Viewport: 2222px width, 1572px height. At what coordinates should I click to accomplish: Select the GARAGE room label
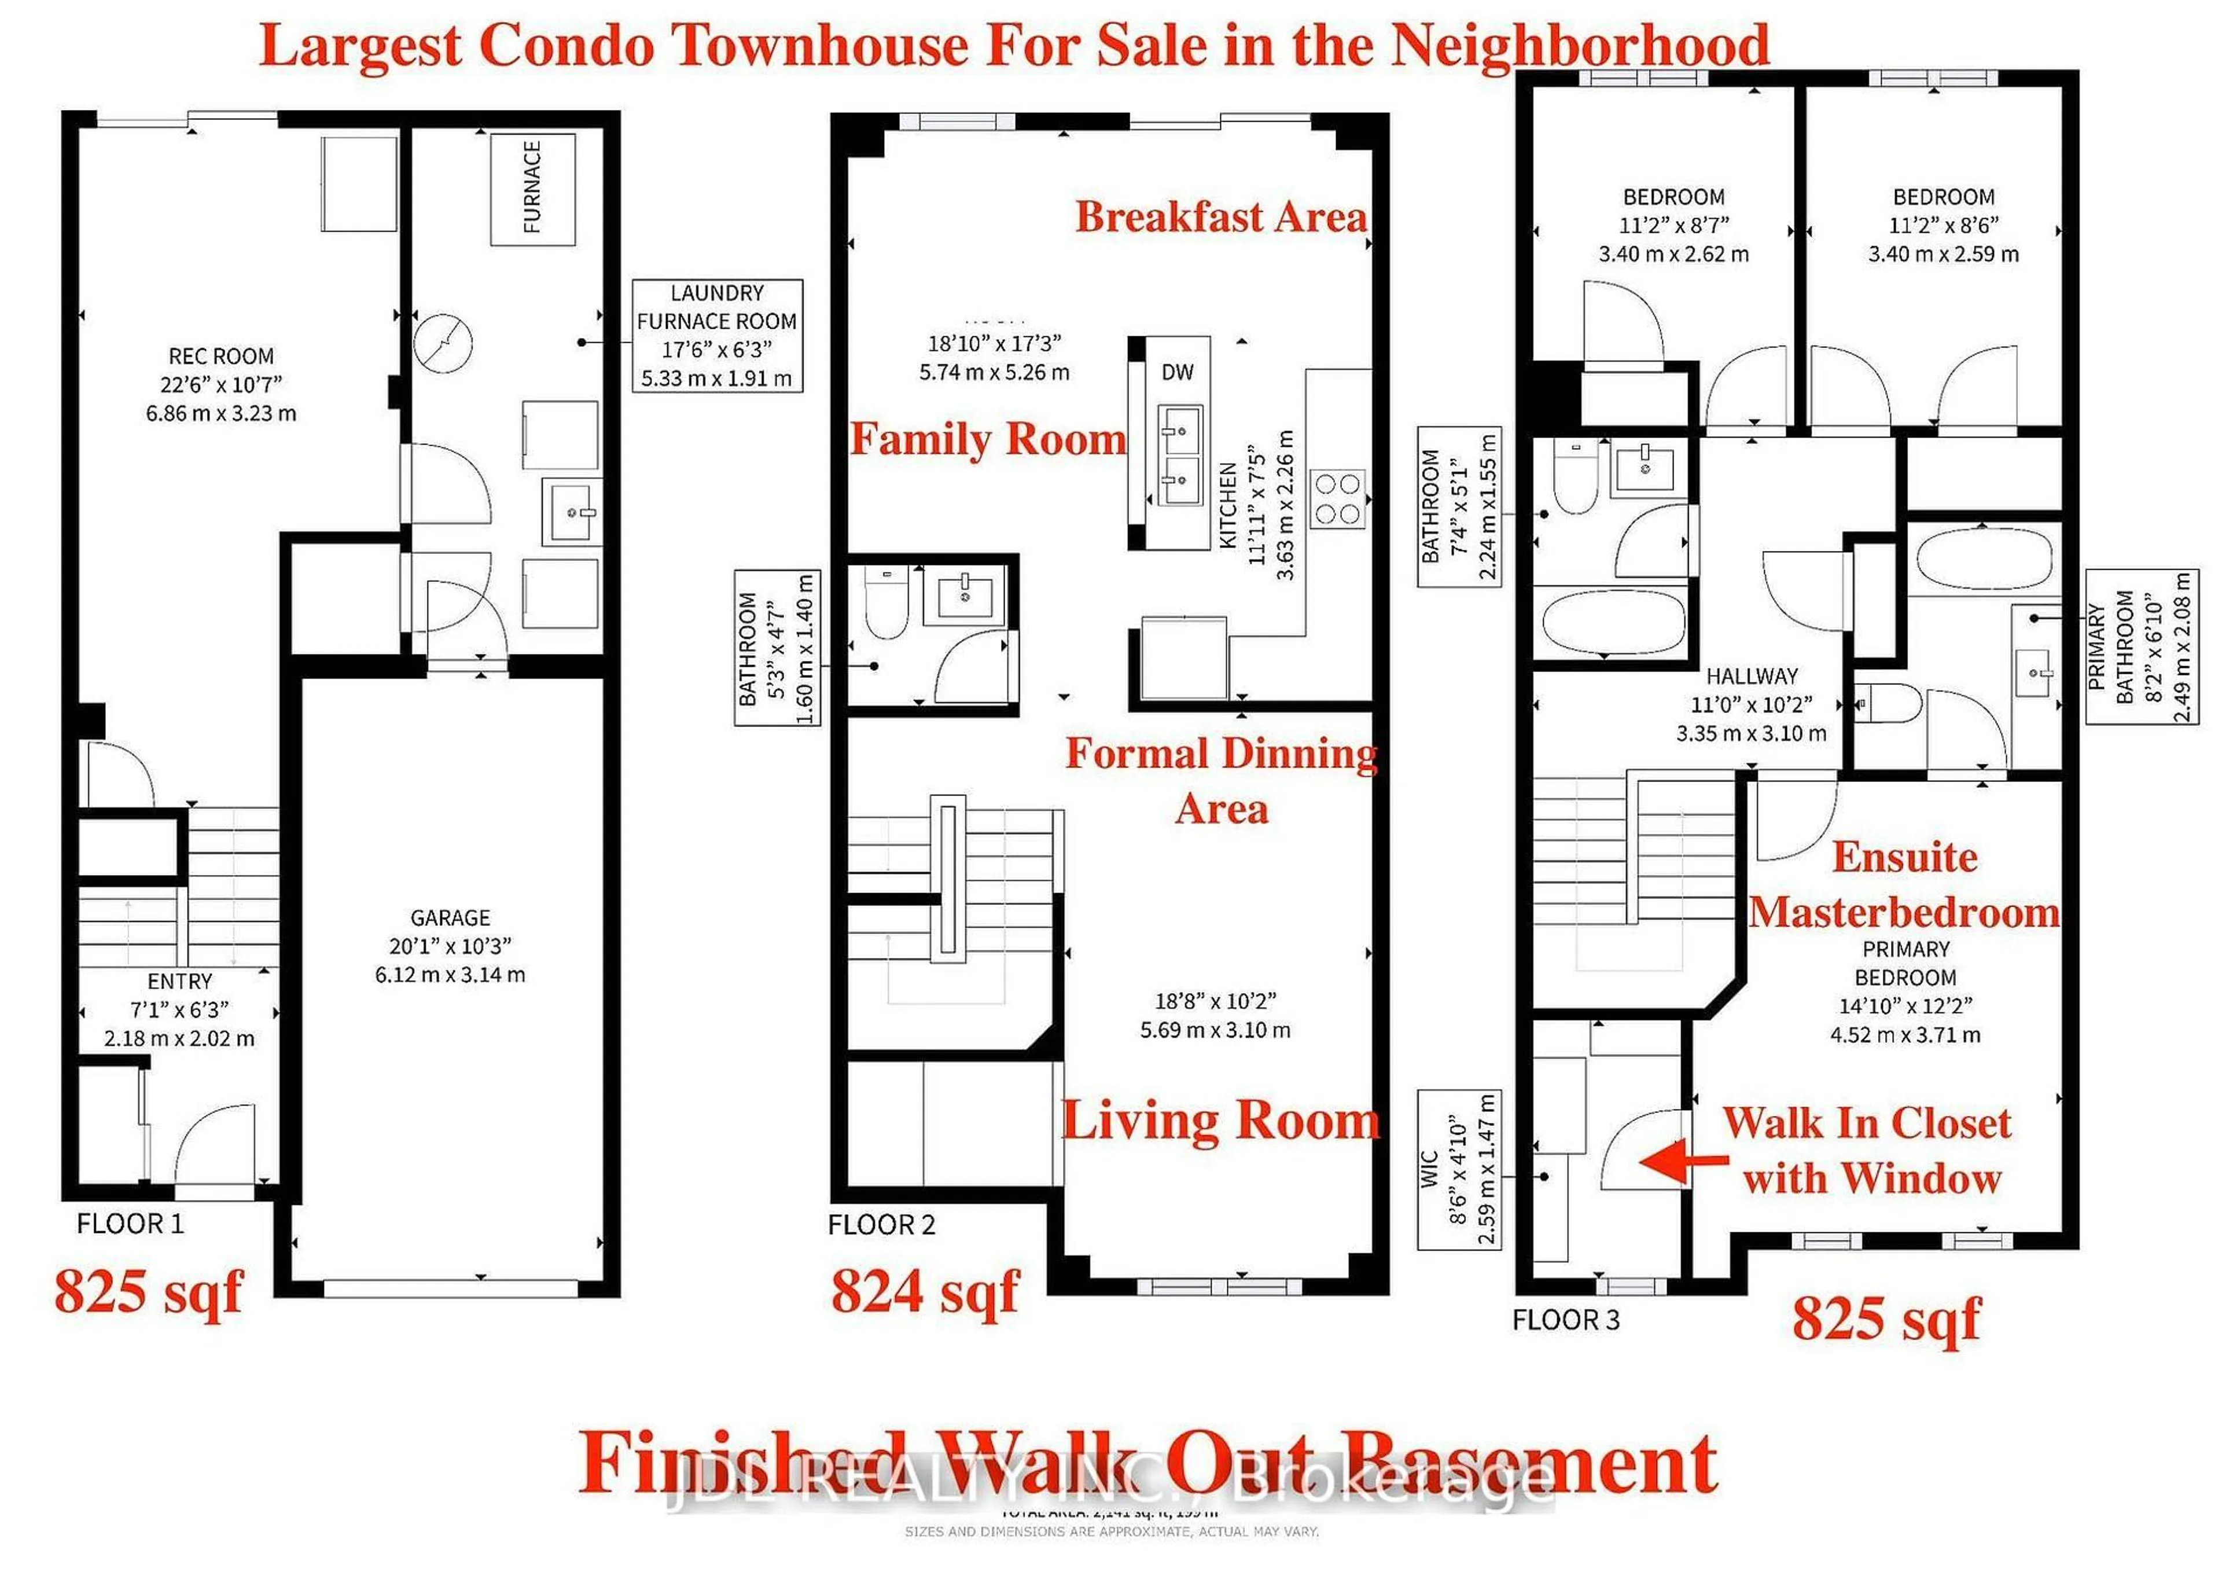pos(450,917)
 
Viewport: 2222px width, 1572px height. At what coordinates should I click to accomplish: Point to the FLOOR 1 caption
pos(130,1224)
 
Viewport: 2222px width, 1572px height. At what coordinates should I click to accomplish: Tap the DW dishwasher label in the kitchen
pos(1177,372)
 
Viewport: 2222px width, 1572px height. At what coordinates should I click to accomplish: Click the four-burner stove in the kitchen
pos(1337,498)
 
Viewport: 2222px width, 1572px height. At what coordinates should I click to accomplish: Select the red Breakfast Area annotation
pos(1222,216)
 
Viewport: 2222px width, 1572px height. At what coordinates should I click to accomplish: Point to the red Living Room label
pos(1220,1121)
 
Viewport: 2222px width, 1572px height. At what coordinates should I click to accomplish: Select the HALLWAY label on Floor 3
pos(1751,675)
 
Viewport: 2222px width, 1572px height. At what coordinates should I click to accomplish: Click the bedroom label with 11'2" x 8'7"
pos(1673,225)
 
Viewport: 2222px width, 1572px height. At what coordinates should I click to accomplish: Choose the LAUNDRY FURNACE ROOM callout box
pos(717,335)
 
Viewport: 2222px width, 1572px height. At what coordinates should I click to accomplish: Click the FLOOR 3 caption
pos(1565,1320)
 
